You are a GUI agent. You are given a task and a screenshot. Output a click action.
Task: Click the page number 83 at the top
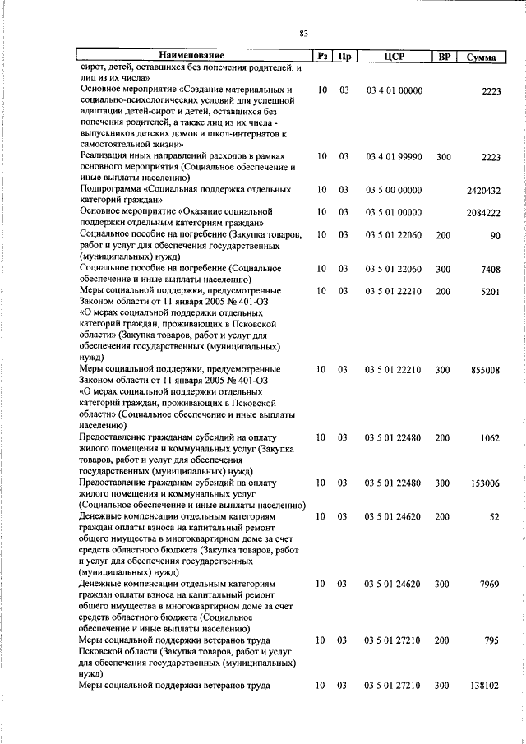304,34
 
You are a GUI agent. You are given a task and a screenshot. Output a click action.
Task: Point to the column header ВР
445,57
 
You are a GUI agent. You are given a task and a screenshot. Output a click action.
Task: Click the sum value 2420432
482,191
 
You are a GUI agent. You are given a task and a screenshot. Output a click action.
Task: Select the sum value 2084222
482,212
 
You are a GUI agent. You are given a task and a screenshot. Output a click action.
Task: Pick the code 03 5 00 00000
394,191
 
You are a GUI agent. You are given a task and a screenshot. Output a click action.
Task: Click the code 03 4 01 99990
394,156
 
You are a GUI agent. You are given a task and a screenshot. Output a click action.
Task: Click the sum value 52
494,516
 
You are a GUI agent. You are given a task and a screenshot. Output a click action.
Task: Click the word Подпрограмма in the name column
112,190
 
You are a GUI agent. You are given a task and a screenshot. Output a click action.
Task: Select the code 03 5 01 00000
394,212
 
